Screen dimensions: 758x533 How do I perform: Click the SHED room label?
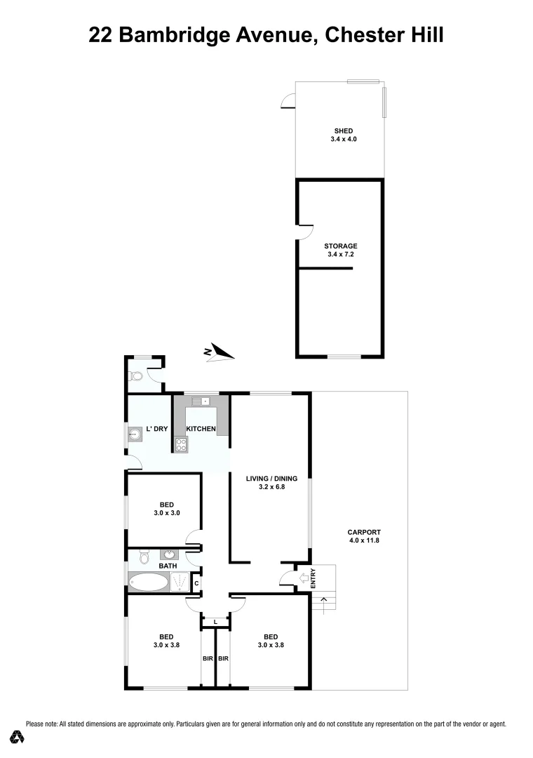coord(343,131)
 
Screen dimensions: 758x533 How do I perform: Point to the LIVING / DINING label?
coord(271,479)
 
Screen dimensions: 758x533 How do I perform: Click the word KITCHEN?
coord(201,429)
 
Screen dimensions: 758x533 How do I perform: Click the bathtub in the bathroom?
coord(148,583)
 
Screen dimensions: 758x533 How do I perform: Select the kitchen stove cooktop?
coord(180,444)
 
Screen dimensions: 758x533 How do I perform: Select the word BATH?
coord(168,566)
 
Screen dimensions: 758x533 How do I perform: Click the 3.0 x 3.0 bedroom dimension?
coord(166,513)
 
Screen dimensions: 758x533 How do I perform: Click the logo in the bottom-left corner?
coord(18,737)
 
